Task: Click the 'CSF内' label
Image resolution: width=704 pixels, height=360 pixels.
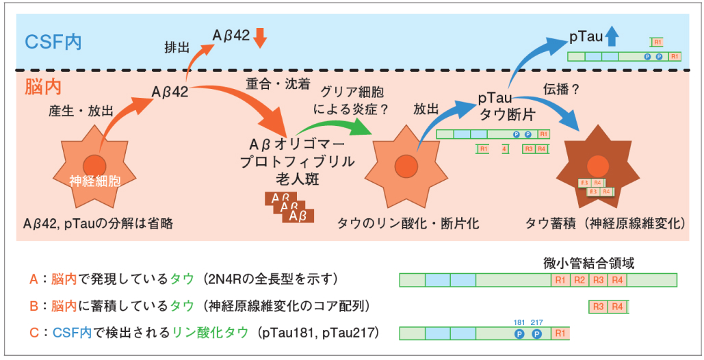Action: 53,41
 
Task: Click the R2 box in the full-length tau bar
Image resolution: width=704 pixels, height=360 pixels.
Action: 579,280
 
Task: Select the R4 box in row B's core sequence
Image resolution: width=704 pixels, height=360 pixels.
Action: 617,307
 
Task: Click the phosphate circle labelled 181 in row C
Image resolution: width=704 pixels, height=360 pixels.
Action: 519,334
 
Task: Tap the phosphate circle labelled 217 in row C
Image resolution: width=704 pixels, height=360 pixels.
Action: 537,334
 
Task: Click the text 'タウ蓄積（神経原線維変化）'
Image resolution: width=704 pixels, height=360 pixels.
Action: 605,223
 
